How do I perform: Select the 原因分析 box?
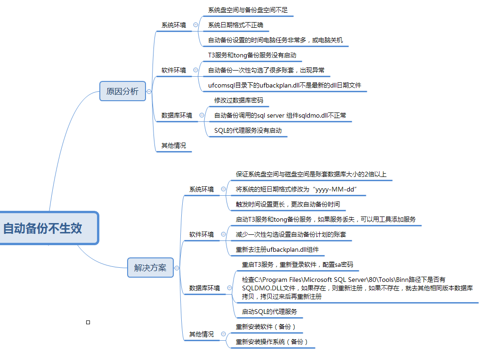[122, 91]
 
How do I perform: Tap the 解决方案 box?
[150, 268]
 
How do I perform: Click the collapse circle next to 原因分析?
[149, 91]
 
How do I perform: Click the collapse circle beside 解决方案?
[177, 268]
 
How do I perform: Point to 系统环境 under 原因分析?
[174, 25]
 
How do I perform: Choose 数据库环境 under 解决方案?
[204, 288]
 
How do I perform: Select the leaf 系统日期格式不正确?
[235, 25]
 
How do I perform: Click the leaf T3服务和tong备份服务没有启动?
[252, 55]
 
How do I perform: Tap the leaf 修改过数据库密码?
[238, 100]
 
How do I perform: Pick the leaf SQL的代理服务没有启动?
[248, 130]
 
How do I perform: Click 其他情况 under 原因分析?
[174, 145]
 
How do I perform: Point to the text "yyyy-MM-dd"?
[336, 189]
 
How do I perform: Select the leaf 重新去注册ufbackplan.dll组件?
[277, 249]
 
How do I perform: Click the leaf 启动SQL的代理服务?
[269, 312]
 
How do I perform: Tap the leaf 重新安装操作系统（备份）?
[272, 342]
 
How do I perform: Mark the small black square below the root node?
[88, 322]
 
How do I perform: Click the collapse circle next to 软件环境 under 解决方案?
[223, 234]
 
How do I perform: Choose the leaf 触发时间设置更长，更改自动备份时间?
[288, 204]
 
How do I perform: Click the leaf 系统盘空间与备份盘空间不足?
[248, 10]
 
